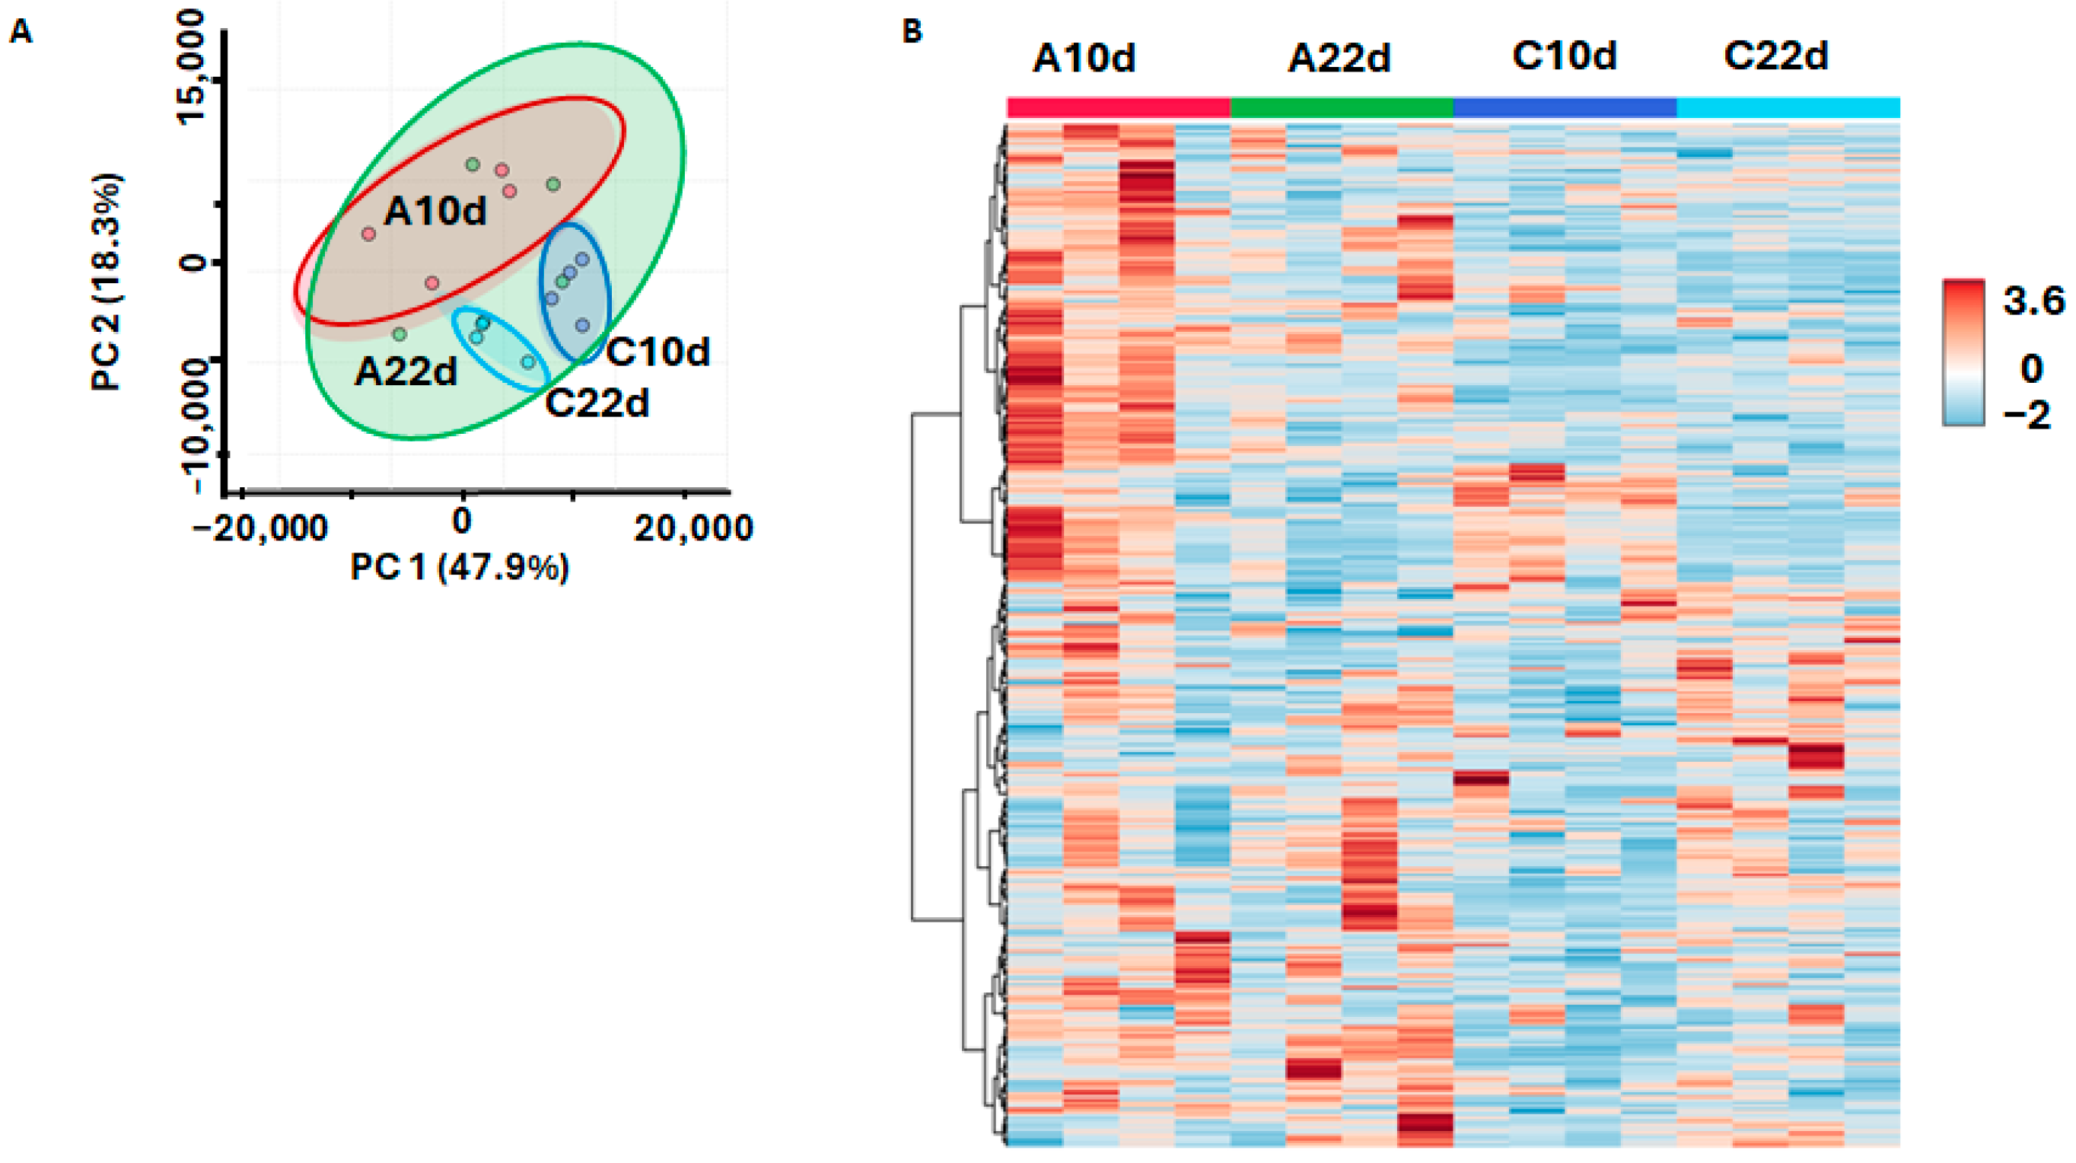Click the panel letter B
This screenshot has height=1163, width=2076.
pos(912,32)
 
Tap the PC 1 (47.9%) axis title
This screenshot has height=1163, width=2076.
pos(460,569)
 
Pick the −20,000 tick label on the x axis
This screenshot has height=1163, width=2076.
pos(259,529)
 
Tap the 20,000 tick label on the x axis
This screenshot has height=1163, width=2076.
pos(693,529)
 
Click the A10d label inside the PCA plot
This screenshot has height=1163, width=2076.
pos(435,211)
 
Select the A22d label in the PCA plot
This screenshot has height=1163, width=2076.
pos(406,371)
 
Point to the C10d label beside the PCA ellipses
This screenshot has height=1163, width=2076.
pos(658,352)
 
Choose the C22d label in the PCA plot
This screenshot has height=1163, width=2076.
pos(597,403)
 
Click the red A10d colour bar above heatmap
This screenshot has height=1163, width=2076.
pos(1118,107)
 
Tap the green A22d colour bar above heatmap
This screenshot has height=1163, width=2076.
pos(1341,107)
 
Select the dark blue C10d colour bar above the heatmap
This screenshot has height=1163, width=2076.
pos(1565,107)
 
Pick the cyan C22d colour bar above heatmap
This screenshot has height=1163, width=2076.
pos(1788,107)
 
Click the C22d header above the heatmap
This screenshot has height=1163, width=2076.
pos(1775,56)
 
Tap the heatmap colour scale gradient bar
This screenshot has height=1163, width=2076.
pos(1963,352)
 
